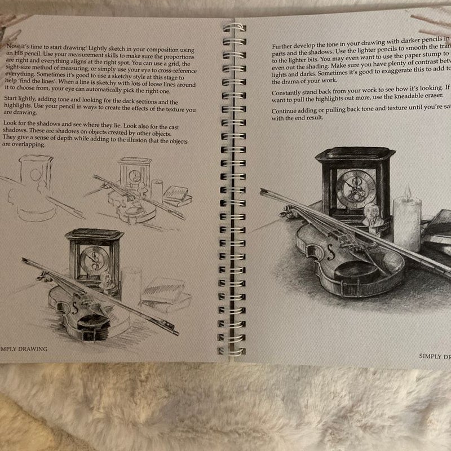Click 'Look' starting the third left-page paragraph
coord(10,122)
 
